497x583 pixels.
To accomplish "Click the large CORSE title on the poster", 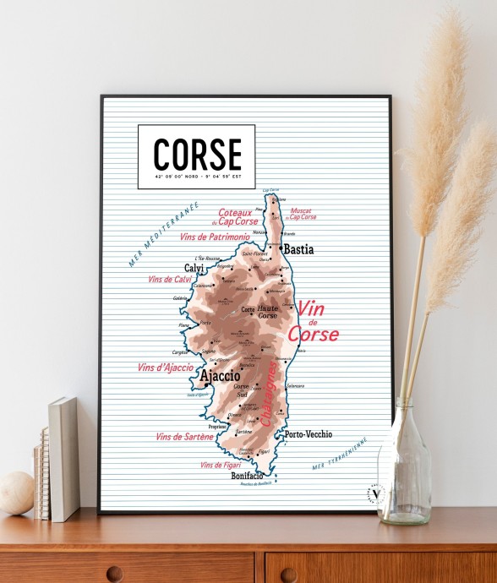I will [197, 154].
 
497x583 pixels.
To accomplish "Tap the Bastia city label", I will [298, 249].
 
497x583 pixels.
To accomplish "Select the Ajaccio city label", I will [220, 376].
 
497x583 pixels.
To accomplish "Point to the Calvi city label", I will [194, 268].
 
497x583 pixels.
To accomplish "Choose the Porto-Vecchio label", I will [309, 434].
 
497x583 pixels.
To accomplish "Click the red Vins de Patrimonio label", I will [215, 237].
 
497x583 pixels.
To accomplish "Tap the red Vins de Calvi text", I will [170, 279].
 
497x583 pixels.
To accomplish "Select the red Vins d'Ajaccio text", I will [165, 368].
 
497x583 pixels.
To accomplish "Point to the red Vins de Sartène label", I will [185, 436].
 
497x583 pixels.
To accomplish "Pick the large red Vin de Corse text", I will [313, 322].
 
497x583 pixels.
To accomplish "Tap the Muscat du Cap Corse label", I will [303, 214].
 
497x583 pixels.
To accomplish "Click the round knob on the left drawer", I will [114, 574].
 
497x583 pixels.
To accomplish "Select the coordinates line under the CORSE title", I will [197, 177].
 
